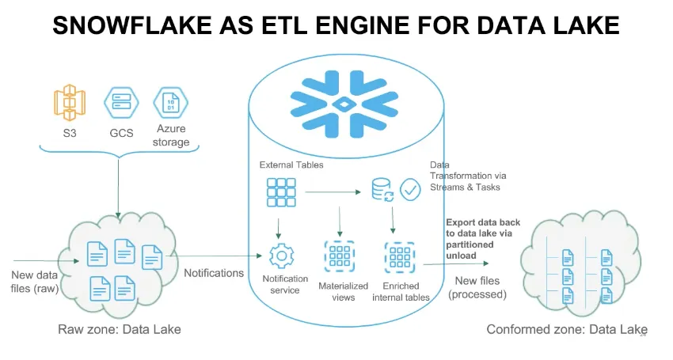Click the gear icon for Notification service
pos(280,257)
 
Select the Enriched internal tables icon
pos(399,257)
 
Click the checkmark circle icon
pos(410,189)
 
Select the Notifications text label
pos(214,273)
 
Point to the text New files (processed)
pos(477,287)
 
